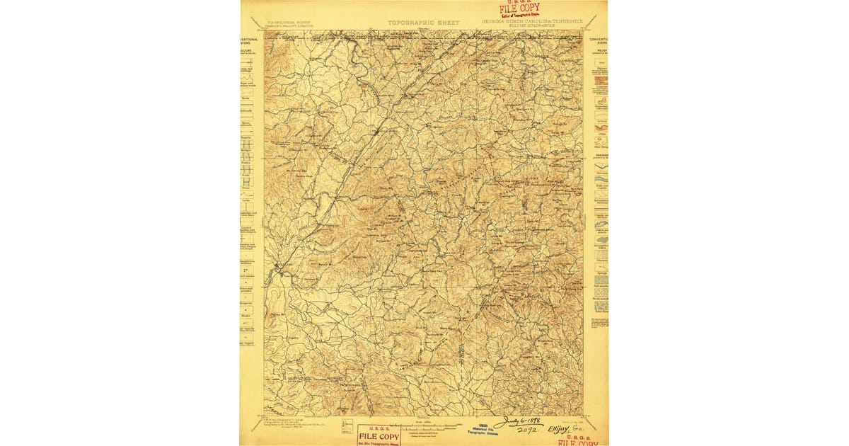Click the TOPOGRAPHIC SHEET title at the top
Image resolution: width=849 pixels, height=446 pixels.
pyautogui.click(x=424, y=23)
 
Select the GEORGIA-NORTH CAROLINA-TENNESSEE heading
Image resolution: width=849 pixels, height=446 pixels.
pyautogui.click(x=532, y=21)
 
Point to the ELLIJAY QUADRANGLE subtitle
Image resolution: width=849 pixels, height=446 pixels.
pyautogui.click(x=533, y=27)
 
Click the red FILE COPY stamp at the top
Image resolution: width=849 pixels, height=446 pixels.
pyautogui.click(x=519, y=9)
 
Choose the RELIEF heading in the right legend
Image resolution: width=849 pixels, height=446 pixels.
pyautogui.click(x=601, y=51)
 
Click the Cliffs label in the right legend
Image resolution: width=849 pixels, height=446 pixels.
pyautogui.click(x=601, y=132)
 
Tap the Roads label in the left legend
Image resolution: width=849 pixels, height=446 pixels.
pyautogui.click(x=246, y=98)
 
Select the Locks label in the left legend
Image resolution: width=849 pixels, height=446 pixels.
pyautogui.click(x=246, y=200)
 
